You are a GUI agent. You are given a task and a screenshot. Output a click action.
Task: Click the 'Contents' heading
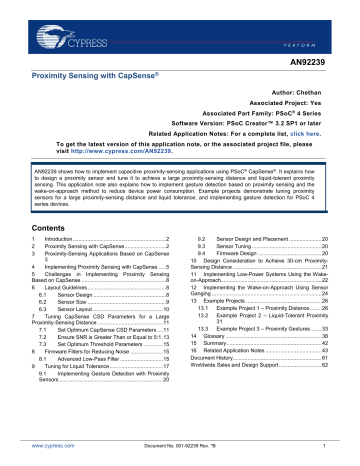click(45, 227)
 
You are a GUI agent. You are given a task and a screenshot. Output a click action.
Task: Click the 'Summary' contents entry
click(216, 375)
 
